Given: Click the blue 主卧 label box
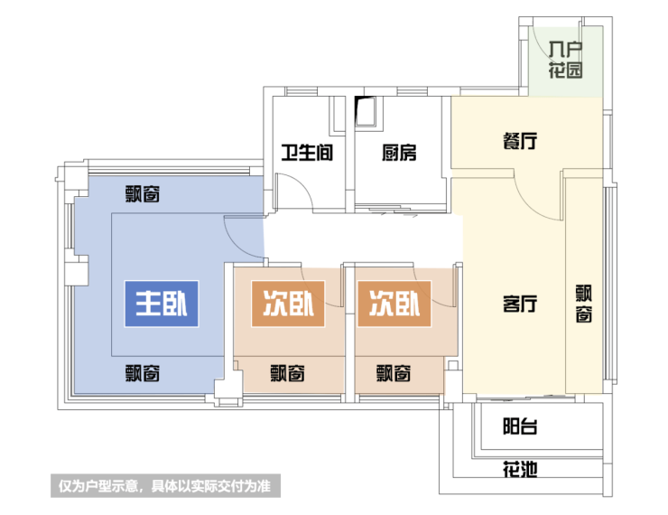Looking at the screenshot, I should coord(160,304).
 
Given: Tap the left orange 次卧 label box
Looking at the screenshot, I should coord(287,304).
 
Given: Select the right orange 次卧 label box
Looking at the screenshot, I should coord(394,304).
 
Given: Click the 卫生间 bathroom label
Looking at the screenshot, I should coord(307,153).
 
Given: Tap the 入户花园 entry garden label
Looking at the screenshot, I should coord(565,60).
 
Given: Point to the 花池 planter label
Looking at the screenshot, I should coord(520,469).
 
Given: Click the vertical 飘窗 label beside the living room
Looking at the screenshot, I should coord(584,304).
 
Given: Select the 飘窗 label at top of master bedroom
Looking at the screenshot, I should coord(143,193).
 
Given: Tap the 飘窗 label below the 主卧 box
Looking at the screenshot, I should coord(143,371).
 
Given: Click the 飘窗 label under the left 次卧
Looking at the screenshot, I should coord(287,371).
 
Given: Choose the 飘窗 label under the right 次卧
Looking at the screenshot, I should coord(394,371).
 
